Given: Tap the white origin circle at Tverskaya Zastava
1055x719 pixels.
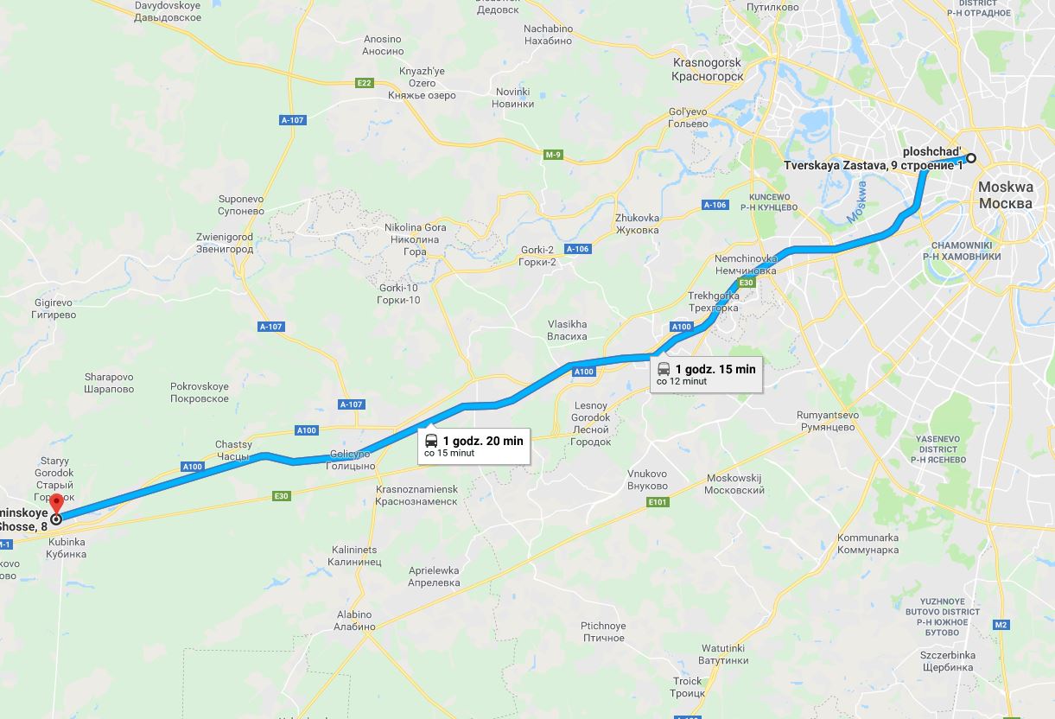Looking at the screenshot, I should tap(971, 158).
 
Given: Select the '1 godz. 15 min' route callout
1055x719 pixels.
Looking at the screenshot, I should tap(706, 374).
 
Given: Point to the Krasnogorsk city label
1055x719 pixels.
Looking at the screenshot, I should tap(707, 69).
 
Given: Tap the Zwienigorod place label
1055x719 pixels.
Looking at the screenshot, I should tap(224, 243).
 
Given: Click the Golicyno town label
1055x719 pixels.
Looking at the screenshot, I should tap(351, 460).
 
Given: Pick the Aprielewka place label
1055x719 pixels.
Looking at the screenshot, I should tap(434, 576).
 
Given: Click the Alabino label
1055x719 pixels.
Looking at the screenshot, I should tap(355, 620).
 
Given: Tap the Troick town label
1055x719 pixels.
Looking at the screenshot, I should tap(688, 687).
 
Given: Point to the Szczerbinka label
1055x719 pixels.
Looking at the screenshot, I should tap(948, 661).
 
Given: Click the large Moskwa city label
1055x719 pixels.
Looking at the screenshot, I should tap(1005, 195).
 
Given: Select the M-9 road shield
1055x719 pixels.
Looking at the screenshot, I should tap(553, 155).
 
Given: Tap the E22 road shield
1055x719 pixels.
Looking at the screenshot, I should tap(364, 83).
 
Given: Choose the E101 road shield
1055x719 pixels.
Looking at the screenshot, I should tap(658, 501).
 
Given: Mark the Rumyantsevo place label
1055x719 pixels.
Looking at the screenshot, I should tap(827, 421).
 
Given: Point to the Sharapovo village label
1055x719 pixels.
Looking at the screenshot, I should tap(109, 383).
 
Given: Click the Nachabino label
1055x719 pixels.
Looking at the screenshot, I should tap(548, 35).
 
